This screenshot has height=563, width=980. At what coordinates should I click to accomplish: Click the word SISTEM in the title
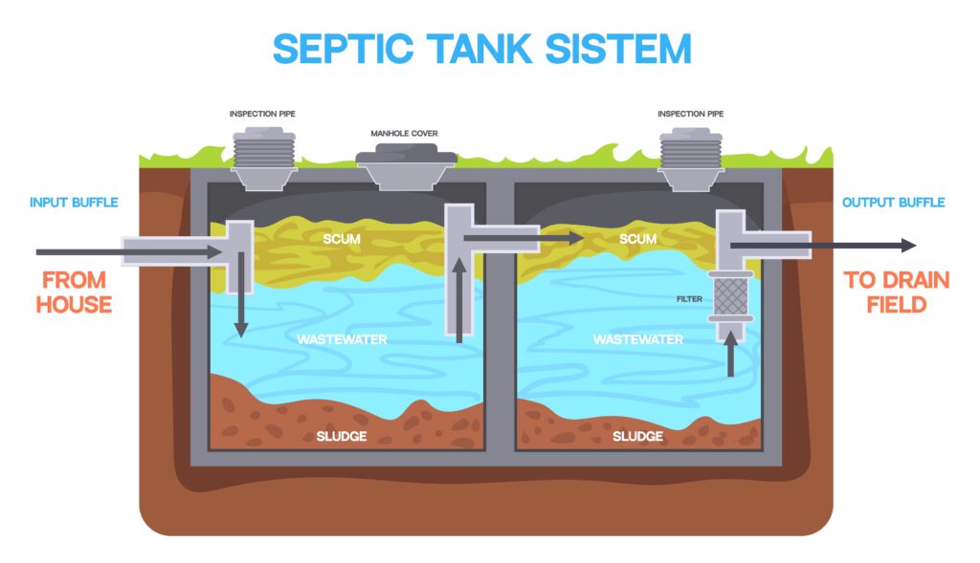(618, 49)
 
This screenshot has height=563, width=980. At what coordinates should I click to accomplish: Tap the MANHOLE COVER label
(404, 133)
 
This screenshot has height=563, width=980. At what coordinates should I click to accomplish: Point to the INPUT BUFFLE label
(74, 203)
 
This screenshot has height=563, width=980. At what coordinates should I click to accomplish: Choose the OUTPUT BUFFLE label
(893, 203)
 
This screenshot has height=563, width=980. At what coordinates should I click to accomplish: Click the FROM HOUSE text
(74, 292)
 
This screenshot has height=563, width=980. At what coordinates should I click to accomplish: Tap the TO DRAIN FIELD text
(896, 292)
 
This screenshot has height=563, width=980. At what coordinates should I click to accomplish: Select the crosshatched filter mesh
(730, 296)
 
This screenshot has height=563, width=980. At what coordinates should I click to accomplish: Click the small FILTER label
(689, 299)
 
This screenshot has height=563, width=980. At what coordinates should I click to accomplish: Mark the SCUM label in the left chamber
(342, 238)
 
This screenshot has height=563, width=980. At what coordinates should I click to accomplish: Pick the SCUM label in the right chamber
(637, 238)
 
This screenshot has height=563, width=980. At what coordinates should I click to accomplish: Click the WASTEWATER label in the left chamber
(342, 339)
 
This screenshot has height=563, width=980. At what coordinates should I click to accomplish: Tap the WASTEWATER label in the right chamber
(638, 339)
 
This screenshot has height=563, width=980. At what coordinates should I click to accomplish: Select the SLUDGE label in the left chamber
(342, 436)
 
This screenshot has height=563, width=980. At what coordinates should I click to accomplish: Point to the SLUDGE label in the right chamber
(637, 436)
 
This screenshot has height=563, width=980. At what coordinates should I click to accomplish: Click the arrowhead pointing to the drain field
(909, 246)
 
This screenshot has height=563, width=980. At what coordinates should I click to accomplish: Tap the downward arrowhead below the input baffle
(241, 330)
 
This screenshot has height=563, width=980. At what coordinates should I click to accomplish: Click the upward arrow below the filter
(730, 353)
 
